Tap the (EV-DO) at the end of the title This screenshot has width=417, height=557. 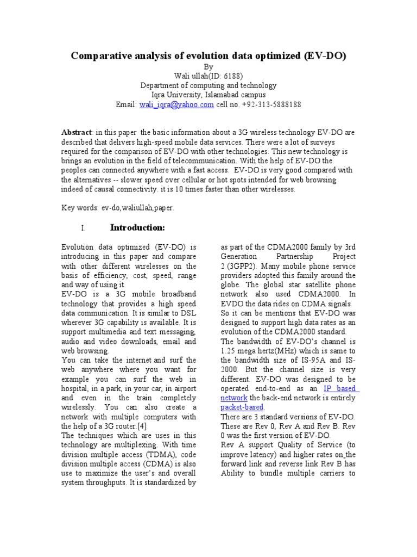(325, 56)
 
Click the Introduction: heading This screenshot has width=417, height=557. (137, 227)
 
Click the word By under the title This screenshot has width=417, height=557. (208, 66)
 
